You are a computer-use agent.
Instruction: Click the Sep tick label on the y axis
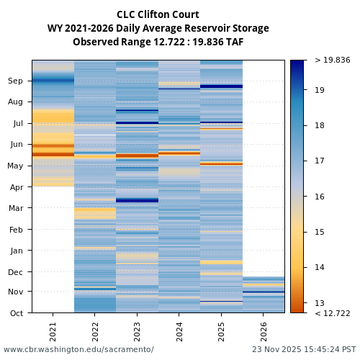(16, 81)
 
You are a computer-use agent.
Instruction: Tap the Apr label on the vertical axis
(17, 187)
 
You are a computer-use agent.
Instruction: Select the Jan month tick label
(17, 251)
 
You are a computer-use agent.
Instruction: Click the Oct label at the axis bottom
(17, 313)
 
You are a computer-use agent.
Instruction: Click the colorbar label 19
(320, 90)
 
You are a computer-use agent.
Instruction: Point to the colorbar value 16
(320, 197)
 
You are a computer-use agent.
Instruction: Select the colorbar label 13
(320, 303)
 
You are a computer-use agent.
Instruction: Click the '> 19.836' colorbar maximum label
(332, 60)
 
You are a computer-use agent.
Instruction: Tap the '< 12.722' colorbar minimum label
(332, 313)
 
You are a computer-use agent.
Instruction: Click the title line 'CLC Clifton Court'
(158, 14)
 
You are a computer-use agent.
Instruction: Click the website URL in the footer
(78, 349)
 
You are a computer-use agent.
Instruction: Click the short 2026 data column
(264, 294)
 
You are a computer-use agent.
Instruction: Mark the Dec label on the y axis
(16, 271)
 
